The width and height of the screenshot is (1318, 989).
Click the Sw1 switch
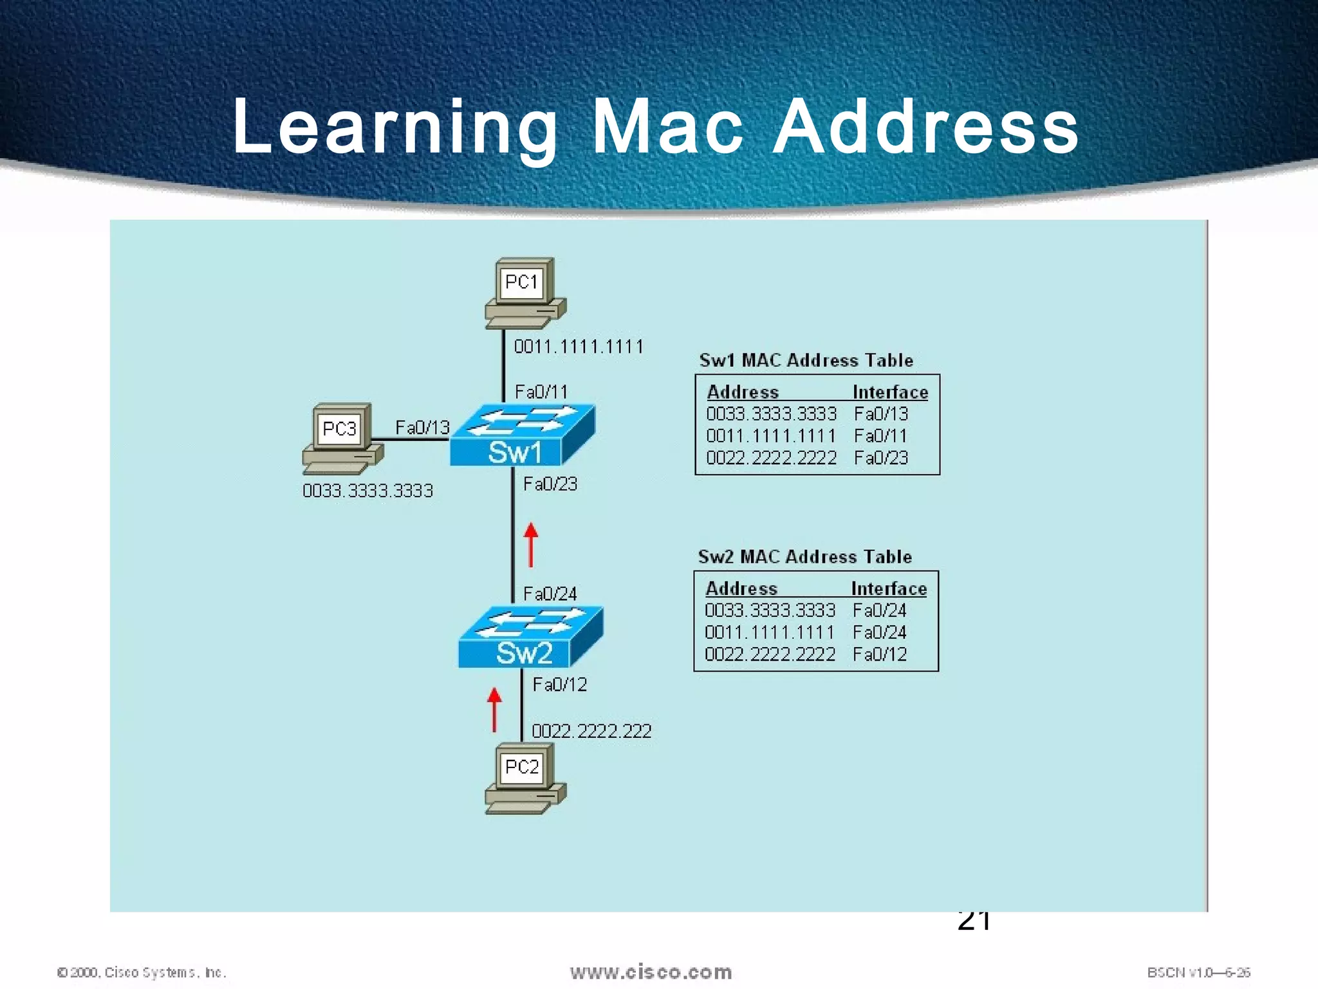pos(522,436)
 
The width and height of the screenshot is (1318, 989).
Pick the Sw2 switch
pos(530,637)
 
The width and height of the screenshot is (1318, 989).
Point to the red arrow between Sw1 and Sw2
pos(531,545)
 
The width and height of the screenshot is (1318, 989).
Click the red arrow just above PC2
pos(494,710)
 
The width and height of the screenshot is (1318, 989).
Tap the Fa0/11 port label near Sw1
pos(541,391)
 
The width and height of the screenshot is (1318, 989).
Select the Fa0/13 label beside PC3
pos(422,428)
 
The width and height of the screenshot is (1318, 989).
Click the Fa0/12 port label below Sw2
pos(560,684)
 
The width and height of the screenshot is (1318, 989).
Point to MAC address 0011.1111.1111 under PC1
pos(579,347)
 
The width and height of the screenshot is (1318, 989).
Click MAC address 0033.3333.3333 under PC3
pos(367,491)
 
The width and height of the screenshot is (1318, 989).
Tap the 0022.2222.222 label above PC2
pos(591,731)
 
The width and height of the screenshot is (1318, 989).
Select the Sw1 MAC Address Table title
pos(806,361)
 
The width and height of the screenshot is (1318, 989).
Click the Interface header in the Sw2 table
pos(889,589)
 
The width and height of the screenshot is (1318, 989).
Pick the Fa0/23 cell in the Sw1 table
pos(880,458)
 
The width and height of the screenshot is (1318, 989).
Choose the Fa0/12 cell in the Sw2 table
pos(879,655)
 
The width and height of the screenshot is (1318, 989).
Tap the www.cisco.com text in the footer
pos(651,972)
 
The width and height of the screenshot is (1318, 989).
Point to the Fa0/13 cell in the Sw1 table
pos(880,414)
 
